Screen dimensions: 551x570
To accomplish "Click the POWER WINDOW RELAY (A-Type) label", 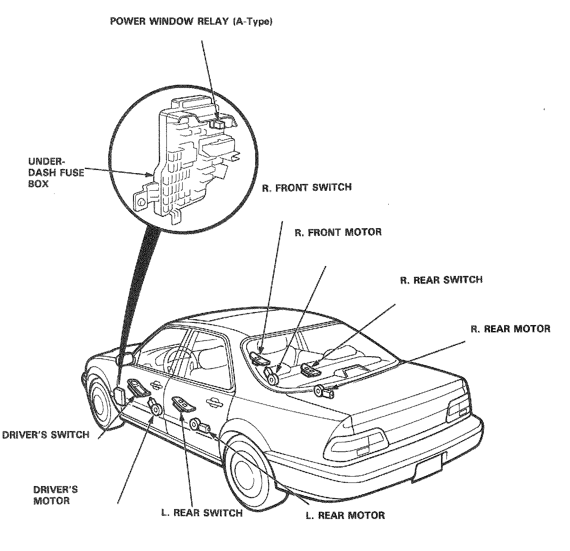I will [x=192, y=22].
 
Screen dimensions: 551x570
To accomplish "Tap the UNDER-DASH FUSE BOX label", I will [x=56, y=172].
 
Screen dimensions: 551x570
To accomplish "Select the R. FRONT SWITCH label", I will [x=307, y=187].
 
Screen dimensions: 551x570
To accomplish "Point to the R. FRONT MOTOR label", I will [x=338, y=232].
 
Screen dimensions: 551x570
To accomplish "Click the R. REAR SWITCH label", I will [x=441, y=280].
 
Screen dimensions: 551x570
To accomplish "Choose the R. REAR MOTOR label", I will [x=510, y=329].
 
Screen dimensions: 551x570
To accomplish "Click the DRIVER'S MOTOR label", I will [x=55, y=495].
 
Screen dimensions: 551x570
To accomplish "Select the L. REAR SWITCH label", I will [x=202, y=513].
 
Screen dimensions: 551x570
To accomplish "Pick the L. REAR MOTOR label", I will [x=345, y=515].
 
